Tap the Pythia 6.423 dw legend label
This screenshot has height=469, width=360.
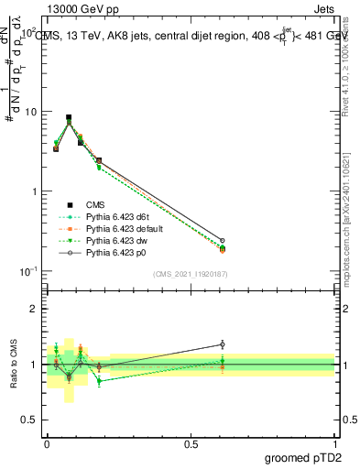tap(115, 240)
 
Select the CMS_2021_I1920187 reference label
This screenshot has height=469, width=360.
tap(191, 273)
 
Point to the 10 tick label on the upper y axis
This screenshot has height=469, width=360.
tap(31, 112)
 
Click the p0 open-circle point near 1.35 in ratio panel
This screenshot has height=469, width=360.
tap(222, 344)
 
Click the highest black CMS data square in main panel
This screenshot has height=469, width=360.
tap(69, 118)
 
